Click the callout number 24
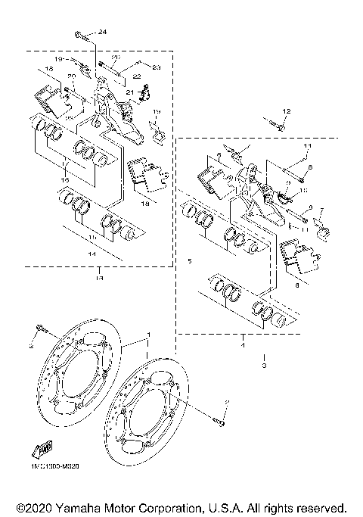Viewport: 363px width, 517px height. tap(103, 31)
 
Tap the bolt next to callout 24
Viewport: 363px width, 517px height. tap(81, 34)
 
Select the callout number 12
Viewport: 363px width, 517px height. tap(287, 112)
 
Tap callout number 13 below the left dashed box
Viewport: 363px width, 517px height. tap(98, 278)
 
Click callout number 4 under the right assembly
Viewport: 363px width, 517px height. tap(243, 345)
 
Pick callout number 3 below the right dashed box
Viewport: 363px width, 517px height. tap(264, 366)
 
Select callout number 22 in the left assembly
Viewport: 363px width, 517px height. tap(137, 76)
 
